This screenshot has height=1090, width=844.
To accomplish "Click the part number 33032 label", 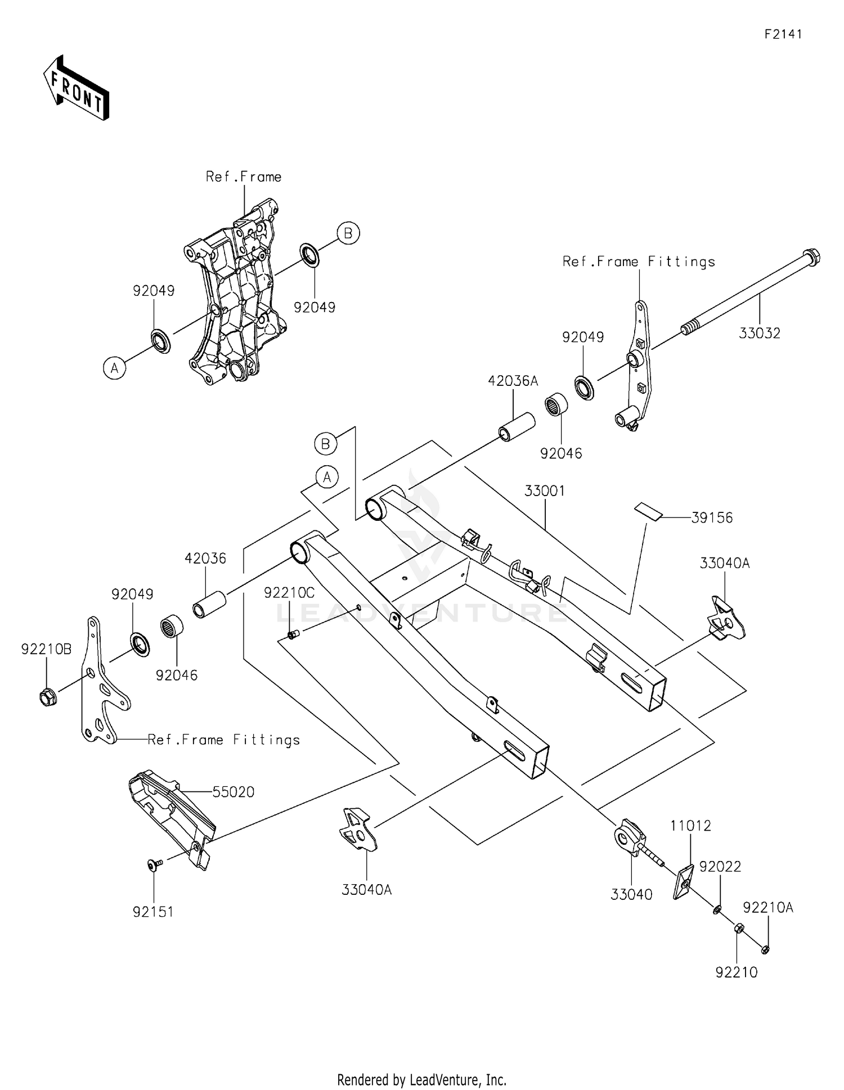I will pyautogui.click(x=760, y=334).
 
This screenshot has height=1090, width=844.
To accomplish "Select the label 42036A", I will pyautogui.click(x=513, y=381).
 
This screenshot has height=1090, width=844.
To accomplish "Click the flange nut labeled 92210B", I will pyautogui.click(x=48, y=697).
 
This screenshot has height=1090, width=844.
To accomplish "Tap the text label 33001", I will pyautogui.click(x=544, y=491).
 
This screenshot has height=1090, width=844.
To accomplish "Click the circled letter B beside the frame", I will pyautogui.click(x=348, y=233).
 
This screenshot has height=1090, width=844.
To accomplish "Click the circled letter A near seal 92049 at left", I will pyautogui.click(x=115, y=368).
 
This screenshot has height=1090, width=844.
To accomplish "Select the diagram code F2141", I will pyautogui.click(x=783, y=34).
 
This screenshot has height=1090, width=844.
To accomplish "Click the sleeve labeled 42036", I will pyautogui.click(x=209, y=604).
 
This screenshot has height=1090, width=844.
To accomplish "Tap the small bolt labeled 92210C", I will pyautogui.click(x=293, y=635).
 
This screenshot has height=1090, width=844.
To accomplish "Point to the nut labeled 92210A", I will pyautogui.click(x=765, y=949).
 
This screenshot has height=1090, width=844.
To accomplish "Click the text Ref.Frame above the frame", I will pyautogui.click(x=243, y=177).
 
